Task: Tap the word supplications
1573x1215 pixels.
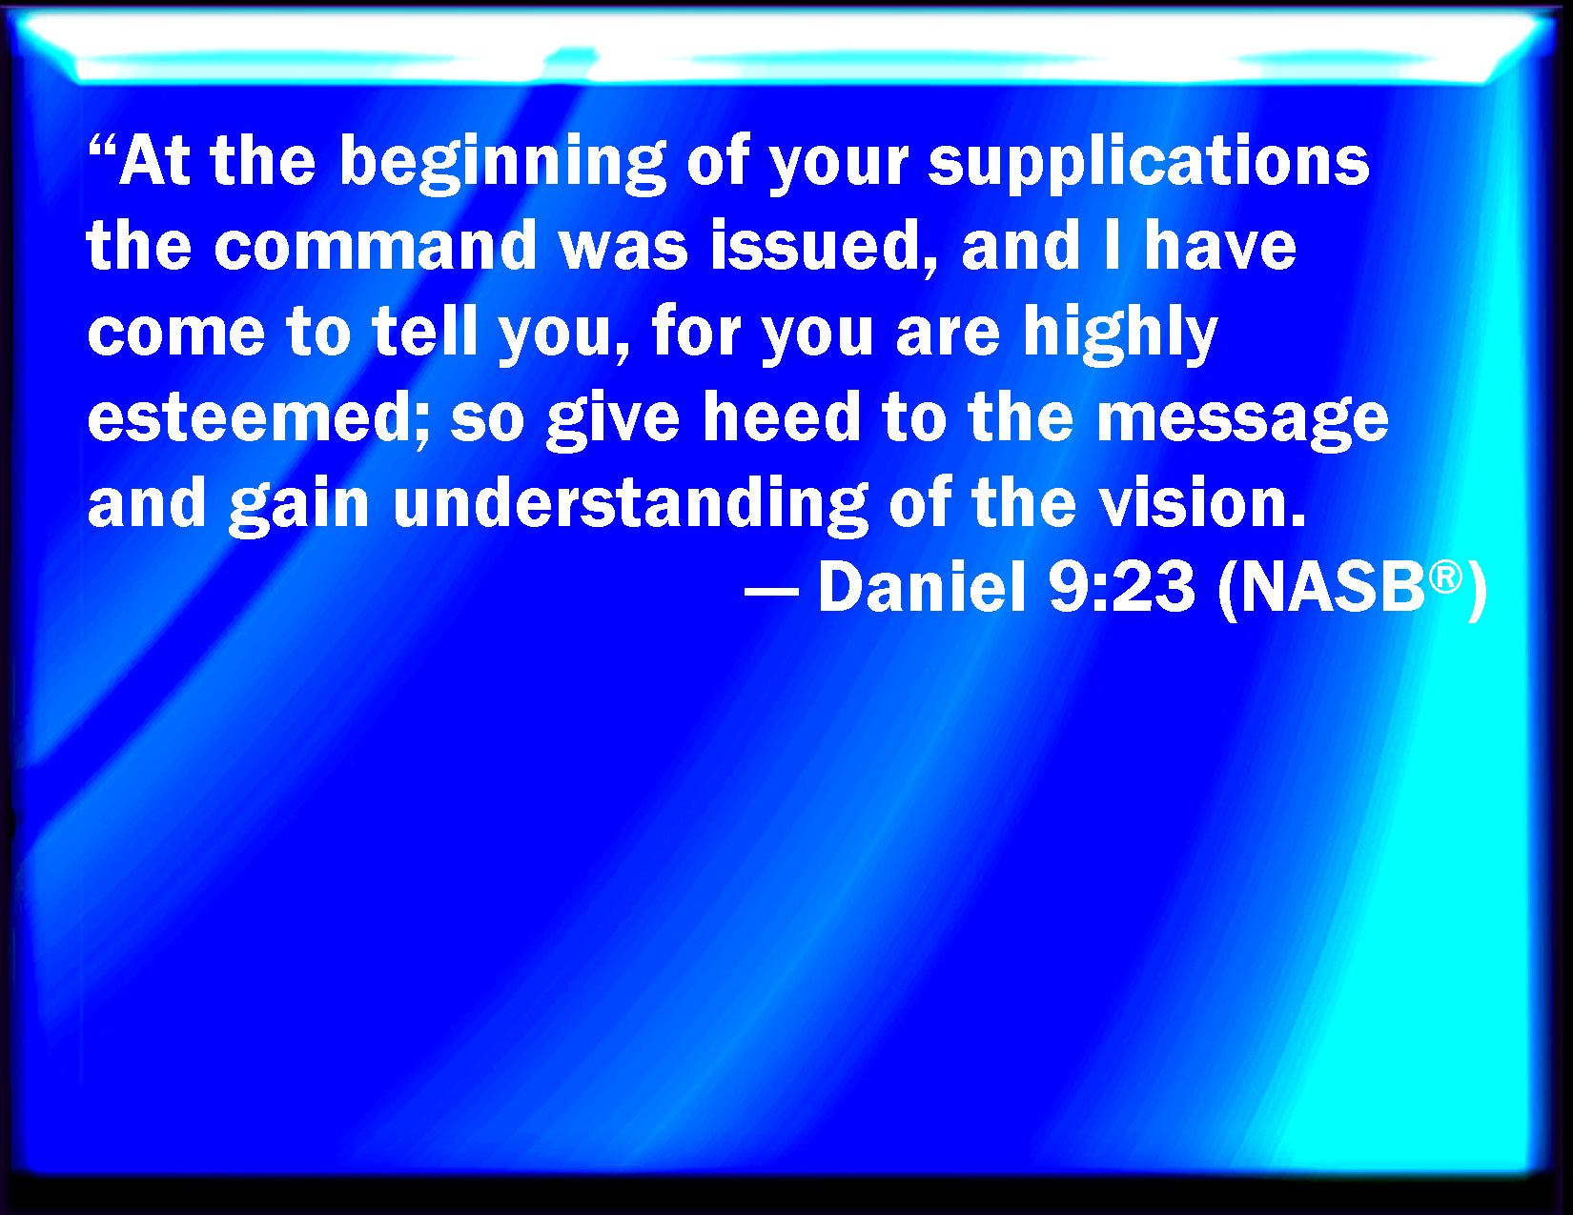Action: pos(1149,164)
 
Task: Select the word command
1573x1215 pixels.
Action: pos(375,246)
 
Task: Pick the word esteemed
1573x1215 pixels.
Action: pos(258,416)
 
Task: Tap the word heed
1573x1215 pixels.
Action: pos(782,416)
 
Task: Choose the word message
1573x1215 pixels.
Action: pos(1243,423)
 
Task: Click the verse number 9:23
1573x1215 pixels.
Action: pos(1122,588)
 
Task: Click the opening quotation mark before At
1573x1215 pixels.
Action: pos(102,146)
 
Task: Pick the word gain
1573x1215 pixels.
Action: pos(298,507)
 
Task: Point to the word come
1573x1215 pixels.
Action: pos(176,335)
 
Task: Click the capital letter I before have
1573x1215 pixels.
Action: pos(1113,246)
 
